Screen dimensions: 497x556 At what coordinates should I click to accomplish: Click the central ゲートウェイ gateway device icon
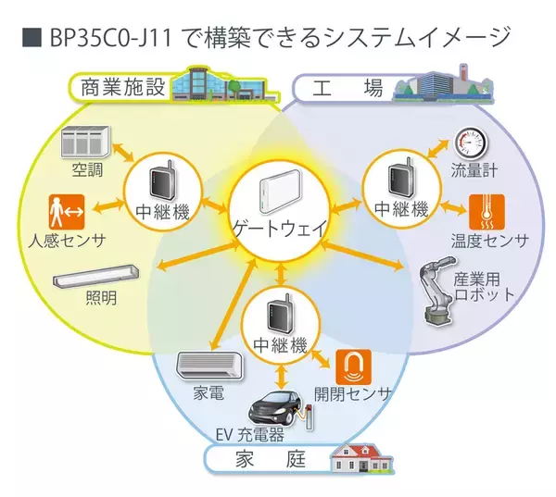[x=277, y=196]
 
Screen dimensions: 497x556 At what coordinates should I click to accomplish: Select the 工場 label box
[x=342, y=89]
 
